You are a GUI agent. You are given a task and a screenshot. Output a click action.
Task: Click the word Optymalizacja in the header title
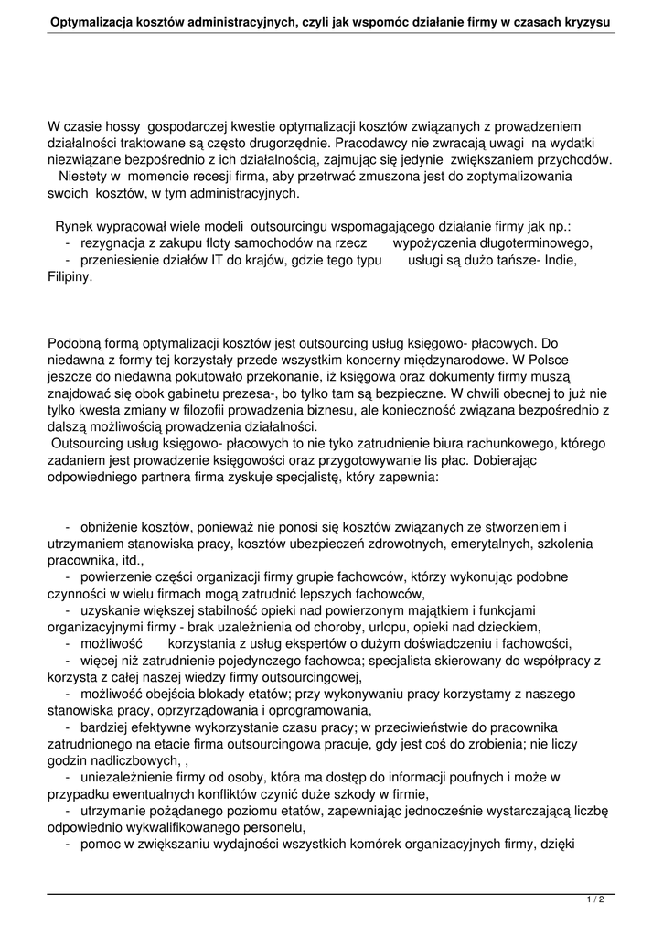(x=92, y=20)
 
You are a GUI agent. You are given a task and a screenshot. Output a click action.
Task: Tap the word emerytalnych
(x=472, y=544)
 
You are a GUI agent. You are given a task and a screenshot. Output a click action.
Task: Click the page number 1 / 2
(x=595, y=900)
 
